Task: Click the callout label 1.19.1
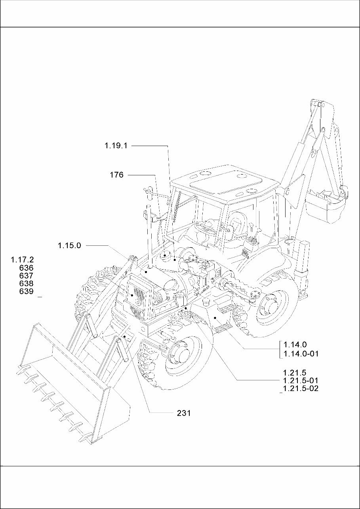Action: point(116,146)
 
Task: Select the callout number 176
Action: point(116,175)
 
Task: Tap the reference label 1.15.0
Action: point(69,245)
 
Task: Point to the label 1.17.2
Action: point(23,260)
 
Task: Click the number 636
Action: point(26,268)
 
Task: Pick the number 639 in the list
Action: point(26,292)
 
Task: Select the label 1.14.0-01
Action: point(301,354)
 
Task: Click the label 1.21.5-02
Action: point(301,389)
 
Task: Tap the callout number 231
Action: point(184,413)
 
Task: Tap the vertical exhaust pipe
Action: point(149,237)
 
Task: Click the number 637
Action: point(26,276)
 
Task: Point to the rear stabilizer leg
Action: point(303,269)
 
